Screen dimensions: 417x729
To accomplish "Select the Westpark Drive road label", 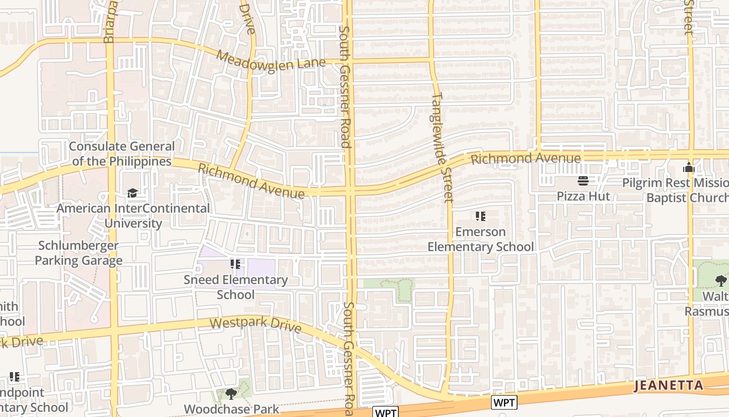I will click(256, 324).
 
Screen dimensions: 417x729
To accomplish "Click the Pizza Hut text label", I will click(583, 196).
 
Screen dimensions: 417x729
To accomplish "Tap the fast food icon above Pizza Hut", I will click(583, 181).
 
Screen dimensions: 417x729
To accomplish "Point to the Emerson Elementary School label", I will click(481, 239).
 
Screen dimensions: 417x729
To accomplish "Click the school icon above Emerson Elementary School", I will click(481, 216).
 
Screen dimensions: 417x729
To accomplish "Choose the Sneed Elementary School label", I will click(235, 287).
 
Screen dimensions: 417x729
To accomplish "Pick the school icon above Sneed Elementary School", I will click(235, 264).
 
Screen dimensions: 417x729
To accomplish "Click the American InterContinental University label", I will click(133, 216).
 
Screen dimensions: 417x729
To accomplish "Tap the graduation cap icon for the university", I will click(133, 193).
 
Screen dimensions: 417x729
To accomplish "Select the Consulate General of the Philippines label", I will click(122, 154).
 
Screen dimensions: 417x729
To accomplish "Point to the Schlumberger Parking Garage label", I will click(79, 253).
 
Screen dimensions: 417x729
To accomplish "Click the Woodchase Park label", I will click(231, 409).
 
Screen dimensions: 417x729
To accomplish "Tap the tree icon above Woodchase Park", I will click(231, 394).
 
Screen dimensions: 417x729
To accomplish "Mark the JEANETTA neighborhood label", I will click(669, 386).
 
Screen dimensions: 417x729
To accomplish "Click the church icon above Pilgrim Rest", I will click(689, 168).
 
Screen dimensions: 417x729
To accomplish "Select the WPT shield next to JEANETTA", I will click(504, 402).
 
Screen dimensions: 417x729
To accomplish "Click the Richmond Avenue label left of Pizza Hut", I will click(525, 158).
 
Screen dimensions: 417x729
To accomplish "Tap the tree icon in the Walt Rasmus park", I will click(721, 281).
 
